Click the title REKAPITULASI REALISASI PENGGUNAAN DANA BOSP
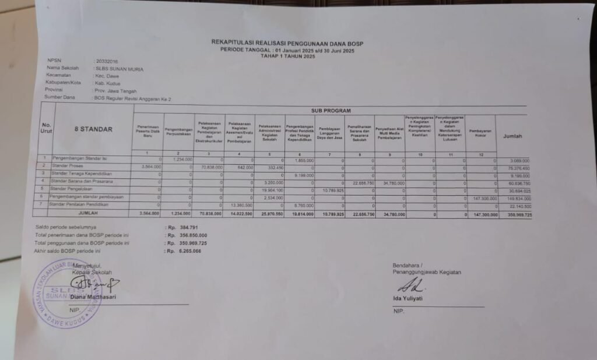coord(291,43)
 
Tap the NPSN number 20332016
coord(106,61)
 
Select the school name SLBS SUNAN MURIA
coord(119,69)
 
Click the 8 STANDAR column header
coord(93,129)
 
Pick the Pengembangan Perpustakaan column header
coord(179,131)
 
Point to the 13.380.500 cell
coord(240,205)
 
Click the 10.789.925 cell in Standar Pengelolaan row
coord(331,190)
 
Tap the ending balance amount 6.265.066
coord(188,250)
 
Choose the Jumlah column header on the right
coord(512,136)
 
